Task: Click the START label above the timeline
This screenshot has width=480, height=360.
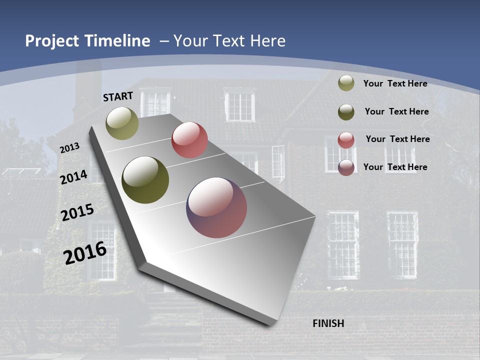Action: pyautogui.click(x=118, y=96)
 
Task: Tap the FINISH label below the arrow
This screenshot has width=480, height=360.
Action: pyautogui.click(x=328, y=323)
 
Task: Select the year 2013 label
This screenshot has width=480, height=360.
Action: pyautogui.click(x=70, y=148)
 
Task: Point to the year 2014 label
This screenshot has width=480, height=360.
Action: pyautogui.click(x=74, y=177)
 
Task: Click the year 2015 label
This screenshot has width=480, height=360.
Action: pyautogui.click(x=77, y=212)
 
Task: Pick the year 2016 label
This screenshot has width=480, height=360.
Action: pyautogui.click(x=85, y=252)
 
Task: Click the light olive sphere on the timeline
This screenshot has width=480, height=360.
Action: pyautogui.click(x=122, y=123)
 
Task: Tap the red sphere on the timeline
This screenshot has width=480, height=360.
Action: pyautogui.click(x=189, y=140)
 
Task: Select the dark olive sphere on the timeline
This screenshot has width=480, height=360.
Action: pyautogui.click(x=145, y=180)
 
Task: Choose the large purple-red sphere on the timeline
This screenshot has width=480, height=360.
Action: pyautogui.click(x=216, y=207)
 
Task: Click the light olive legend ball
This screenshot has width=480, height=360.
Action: pyautogui.click(x=346, y=83)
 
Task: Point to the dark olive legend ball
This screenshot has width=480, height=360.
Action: pyautogui.click(x=346, y=112)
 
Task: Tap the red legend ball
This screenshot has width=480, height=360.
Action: pyautogui.click(x=346, y=140)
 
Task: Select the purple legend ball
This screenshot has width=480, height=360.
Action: pyautogui.click(x=346, y=167)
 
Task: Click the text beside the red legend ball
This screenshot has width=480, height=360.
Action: pyautogui.click(x=397, y=139)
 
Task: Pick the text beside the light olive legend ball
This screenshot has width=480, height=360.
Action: pyautogui.click(x=395, y=83)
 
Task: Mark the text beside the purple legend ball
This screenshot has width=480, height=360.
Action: pyautogui.click(x=395, y=167)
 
